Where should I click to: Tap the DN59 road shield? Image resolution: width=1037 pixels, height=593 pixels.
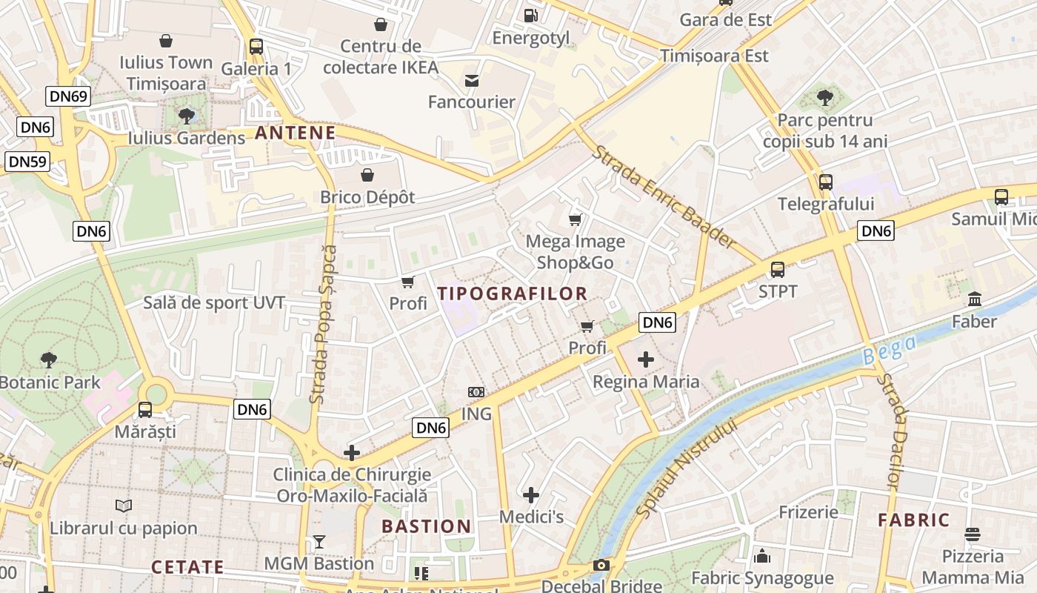coord(27,162)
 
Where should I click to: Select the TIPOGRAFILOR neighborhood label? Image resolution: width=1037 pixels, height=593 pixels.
coord(513,294)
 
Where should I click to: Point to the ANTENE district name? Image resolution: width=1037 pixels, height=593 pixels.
coord(296,133)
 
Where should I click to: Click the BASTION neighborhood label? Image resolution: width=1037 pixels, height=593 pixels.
coord(427,526)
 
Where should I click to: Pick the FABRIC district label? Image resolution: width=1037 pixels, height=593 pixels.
coord(914,520)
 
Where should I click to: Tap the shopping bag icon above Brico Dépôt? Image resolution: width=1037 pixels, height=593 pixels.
coord(367,175)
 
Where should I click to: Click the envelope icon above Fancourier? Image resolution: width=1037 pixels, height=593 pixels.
coord(472,80)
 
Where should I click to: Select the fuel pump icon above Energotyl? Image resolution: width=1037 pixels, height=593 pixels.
coord(530,15)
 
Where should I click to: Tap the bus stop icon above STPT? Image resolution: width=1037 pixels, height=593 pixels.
coord(777,270)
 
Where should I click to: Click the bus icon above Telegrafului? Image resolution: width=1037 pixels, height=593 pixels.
coord(826,182)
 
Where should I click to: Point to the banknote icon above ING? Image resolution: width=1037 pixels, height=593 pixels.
coord(476,391)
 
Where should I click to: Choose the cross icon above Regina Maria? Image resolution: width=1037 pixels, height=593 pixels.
coord(646,360)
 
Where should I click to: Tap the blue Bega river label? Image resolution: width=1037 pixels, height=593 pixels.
coord(890,349)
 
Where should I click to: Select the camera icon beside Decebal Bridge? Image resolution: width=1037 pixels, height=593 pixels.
coord(601,566)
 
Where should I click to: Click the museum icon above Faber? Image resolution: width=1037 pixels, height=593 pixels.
coord(975,299)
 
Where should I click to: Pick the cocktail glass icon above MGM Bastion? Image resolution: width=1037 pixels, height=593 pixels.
coord(319,542)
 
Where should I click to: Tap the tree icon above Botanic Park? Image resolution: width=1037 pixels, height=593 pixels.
coord(49,360)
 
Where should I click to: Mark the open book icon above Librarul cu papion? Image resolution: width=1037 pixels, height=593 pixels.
coord(124,506)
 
